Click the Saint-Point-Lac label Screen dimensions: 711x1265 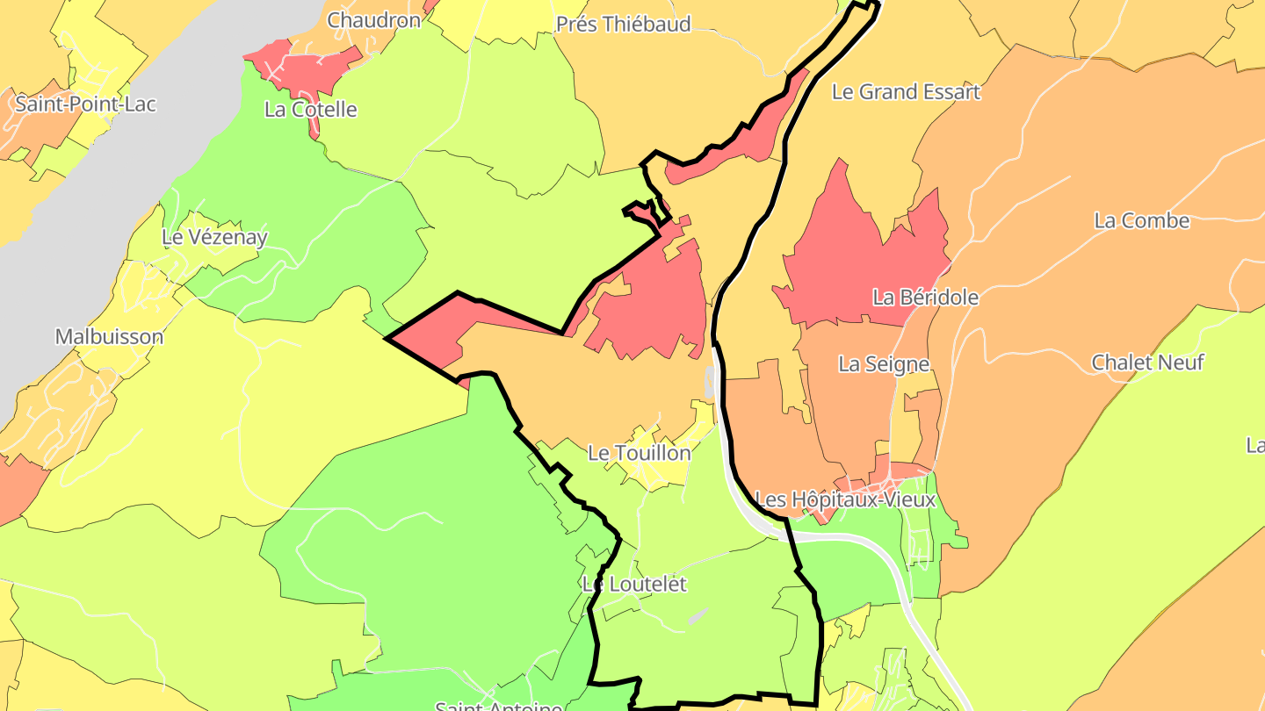pyautogui.click(x=86, y=104)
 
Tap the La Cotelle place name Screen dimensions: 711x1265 pyautogui.click(x=311, y=110)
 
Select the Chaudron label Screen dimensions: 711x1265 pyautogui.click(x=374, y=19)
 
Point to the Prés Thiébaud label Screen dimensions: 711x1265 pyautogui.click(x=624, y=24)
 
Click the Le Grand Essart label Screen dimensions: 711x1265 pyautogui.click(x=906, y=92)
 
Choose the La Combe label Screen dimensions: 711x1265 pyautogui.click(x=1141, y=220)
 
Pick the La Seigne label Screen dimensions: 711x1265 pyautogui.click(x=884, y=363)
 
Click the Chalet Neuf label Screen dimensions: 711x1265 pyautogui.click(x=1147, y=362)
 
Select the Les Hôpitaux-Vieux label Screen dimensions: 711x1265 pyautogui.click(x=845, y=499)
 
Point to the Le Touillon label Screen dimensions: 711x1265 pyautogui.click(x=640, y=453)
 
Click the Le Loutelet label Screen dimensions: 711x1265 pyautogui.click(x=634, y=584)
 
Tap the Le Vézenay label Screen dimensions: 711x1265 pyautogui.click(x=214, y=237)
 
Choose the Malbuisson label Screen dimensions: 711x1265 pyautogui.click(x=109, y=336)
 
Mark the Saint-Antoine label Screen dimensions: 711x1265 pyautogui.click(x=499, y=705)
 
